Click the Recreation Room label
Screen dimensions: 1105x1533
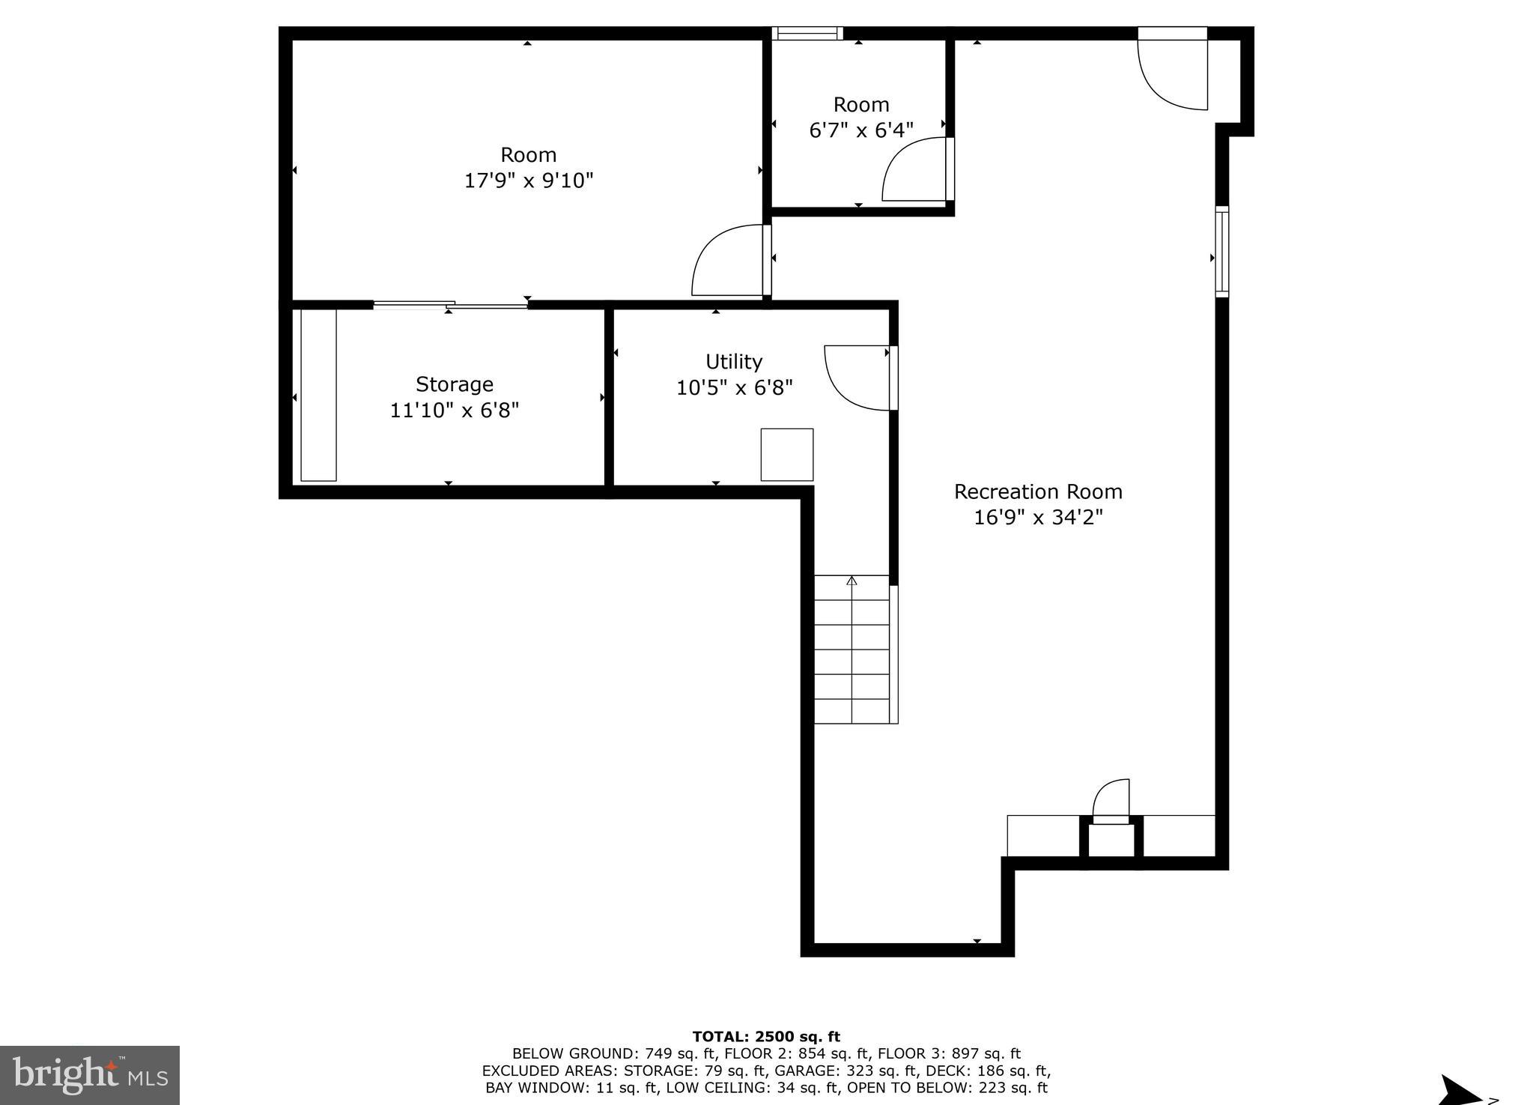click(x=1037, y=492)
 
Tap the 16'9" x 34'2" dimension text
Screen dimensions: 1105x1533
click(x=1037, y=518)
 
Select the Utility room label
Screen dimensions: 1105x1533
click(x=734, y=362)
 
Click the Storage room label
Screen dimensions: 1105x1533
click(x=455, y=384)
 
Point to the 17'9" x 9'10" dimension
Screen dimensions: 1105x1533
click(x=529, y=181)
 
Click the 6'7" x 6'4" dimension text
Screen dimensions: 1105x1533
click(x=861, y=130)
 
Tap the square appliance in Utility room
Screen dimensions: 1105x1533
click(x=787, y=455)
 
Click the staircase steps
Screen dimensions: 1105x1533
click(x=852, y=650)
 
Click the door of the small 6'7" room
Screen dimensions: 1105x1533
click(x=915, y=170)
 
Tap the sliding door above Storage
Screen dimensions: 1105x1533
click(x=450, y=304)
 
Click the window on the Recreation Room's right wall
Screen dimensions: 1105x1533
click(x=1221, y=252)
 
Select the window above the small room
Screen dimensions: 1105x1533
click(x=807, y=33)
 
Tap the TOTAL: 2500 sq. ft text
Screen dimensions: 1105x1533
click(x=765, y=1037)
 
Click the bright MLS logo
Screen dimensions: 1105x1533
click(x=89, y=1075)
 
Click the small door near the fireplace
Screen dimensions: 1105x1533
click(x=1111, y=802)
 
